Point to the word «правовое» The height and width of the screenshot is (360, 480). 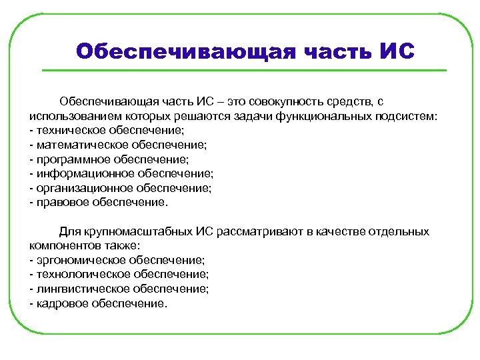[x=59, y=203]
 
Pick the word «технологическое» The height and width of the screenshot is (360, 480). [x=76, y=275]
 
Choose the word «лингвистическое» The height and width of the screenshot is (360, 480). [x=76, y=289]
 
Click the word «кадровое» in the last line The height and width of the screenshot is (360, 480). [x=58, y=304]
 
